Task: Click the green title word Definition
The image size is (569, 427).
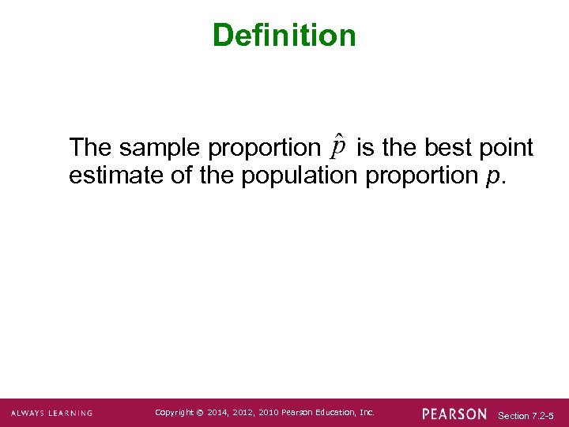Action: click(x=284, y=36)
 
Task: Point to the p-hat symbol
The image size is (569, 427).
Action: click(x=337, y=147)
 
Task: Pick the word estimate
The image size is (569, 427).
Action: click(x=116, y=175)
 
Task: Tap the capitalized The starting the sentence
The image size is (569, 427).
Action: click(x=91, y=148)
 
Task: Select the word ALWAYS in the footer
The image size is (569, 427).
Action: click(x=28, y=413)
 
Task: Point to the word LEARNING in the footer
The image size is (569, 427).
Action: click(x=70, y=413)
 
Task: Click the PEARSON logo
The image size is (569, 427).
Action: click(x=454, y=414)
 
